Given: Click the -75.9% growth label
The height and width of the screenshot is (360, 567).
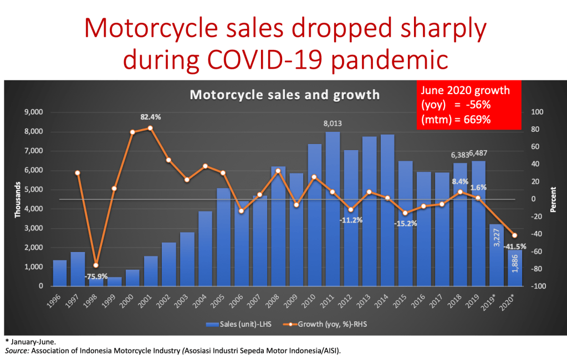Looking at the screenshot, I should click(96, 276).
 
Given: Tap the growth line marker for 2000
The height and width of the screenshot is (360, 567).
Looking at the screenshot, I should click(132, 132).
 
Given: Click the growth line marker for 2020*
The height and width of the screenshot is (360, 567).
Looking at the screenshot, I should click(514, 235).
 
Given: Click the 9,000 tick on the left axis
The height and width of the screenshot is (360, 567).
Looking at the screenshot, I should click(34, 112).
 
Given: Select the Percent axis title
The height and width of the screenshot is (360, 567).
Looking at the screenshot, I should click(553, 199).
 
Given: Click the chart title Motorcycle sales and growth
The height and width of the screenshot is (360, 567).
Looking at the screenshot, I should click(285, 95).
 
